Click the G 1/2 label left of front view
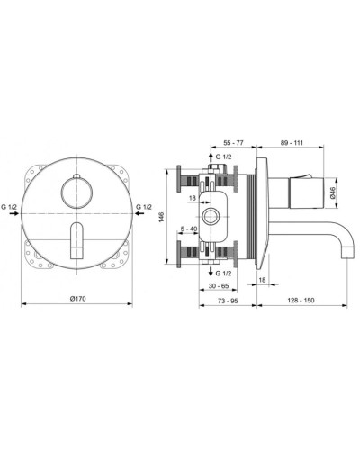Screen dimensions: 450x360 click(x=12, y=208)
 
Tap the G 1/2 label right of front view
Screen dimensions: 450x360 click(x=144, y=208)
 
